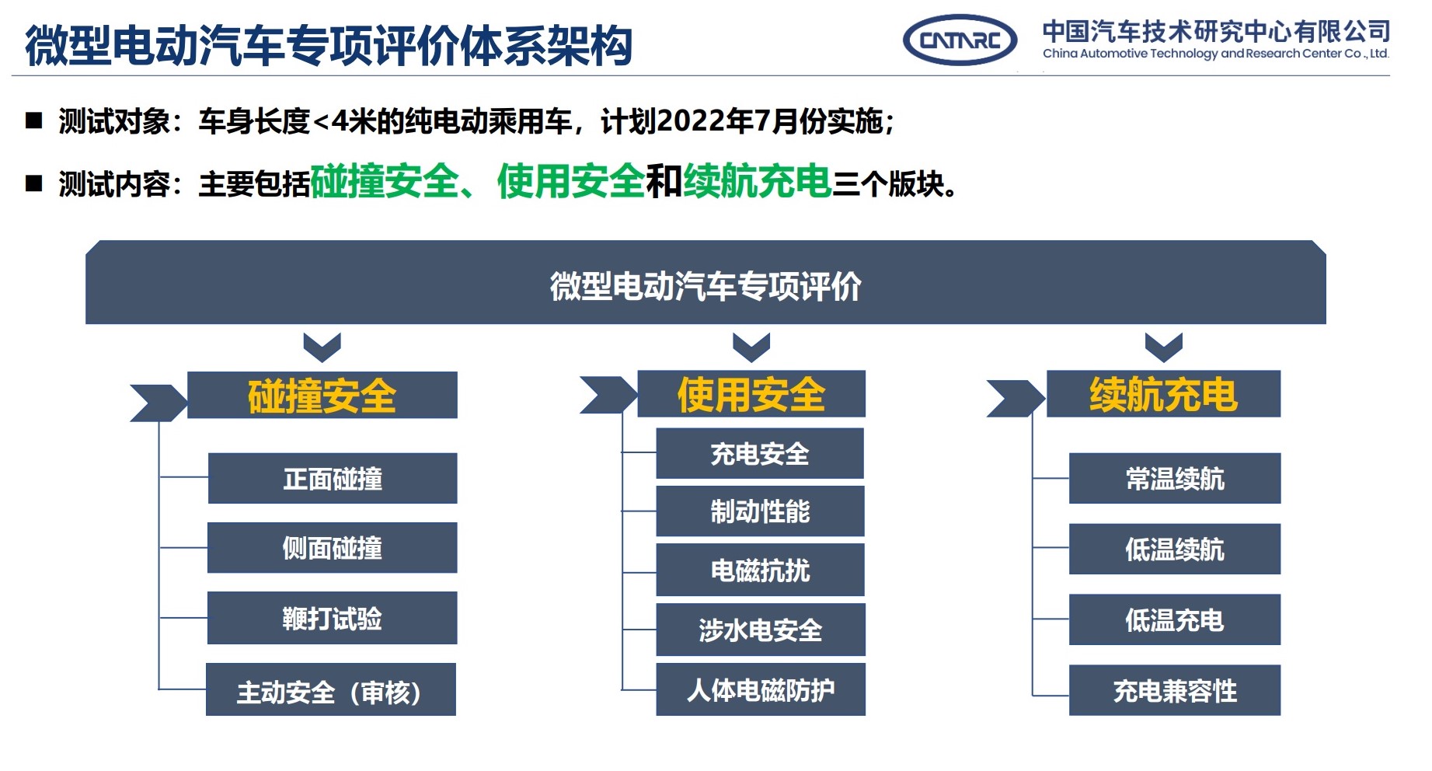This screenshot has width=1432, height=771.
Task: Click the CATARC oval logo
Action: (x=960, y=40)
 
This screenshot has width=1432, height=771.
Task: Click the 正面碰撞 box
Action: (x=333, y=479)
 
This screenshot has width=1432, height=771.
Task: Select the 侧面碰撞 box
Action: (x=333, y=548)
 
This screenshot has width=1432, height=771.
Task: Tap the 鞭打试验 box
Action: (x=333, y=619)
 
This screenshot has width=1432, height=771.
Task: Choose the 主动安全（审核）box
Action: (x=331, y=690)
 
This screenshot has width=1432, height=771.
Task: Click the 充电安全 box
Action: (x=760, y=454)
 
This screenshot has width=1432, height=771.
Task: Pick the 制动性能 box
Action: (x=760, y=511)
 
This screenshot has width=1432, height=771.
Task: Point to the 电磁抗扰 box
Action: (x=760, y=570)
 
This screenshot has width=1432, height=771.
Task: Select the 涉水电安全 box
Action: (x=760, y=630)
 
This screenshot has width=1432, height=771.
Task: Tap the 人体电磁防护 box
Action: (x=760, y=689)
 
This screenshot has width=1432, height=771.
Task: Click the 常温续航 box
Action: (x=1175, y=479)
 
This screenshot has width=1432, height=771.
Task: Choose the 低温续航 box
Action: (x=1175, y=549)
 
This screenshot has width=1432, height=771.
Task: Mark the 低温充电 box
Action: (x=1175, y=620)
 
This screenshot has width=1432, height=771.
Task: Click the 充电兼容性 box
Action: (x=1175, y=690)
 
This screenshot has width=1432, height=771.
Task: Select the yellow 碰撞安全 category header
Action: (x=322, y=396)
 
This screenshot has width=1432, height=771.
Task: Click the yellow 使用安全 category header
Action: (x=751, y=394)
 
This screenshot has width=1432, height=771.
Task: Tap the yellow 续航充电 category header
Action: (x=1163, y=394)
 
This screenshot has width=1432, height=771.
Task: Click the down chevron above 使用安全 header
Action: (x=751, y=347)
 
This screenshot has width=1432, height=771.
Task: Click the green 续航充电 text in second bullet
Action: (x=758, y=182)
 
